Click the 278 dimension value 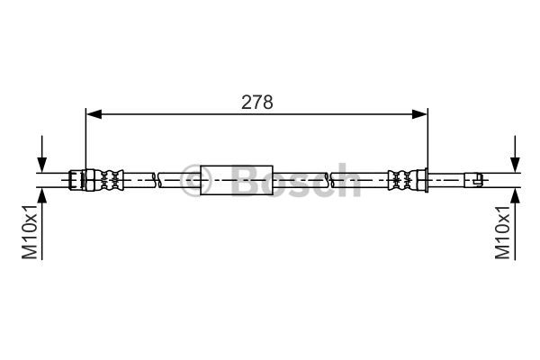(x=256, y=103)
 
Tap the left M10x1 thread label (x=30, y=231)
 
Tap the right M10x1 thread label (x=502, y=232)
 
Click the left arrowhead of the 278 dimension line (x=94, y=114)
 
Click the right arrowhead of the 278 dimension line (x=419, y=114)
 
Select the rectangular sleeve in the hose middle (x=237, y=180)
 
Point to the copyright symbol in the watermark (x=195, y=180)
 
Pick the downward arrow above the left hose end (x=42, y=153)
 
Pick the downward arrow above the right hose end (x=515, y=153)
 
